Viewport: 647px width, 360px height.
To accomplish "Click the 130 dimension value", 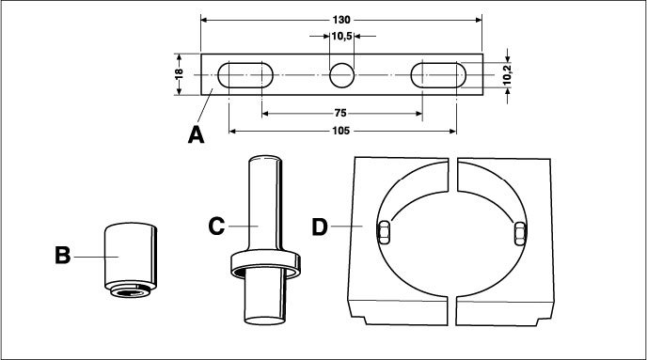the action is click(x=341, y=20).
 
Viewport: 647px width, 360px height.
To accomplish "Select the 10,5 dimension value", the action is click(x=341, y=37).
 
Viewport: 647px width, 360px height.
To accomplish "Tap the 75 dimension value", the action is click(x=340, y=113).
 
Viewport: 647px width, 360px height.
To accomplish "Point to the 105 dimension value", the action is click(x=340, y=131).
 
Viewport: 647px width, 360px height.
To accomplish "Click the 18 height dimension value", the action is click(x=179, y=74).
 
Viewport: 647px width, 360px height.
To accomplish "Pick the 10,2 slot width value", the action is click(x=507, y=75).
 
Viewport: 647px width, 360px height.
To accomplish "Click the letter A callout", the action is click(x=196, y=134).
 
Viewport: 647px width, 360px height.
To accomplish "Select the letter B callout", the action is click(x=63, y=256).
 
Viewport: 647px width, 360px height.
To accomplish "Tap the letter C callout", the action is click(x=216, y=226).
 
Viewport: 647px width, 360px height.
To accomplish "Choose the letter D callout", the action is click(x=320, y=227).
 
